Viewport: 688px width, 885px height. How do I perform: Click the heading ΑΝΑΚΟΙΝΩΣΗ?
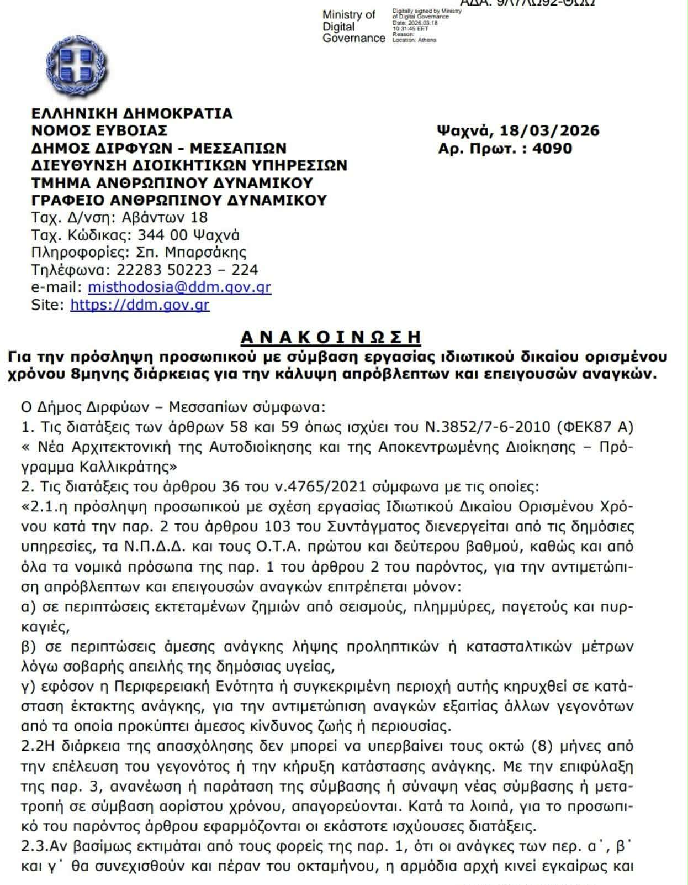tap(331, 337)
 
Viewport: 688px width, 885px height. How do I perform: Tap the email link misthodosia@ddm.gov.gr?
tap(179, 287)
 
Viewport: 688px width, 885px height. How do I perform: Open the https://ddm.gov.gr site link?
tap(140, 305)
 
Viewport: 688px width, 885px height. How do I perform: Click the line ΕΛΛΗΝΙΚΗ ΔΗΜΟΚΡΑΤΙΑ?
tap(132, 113)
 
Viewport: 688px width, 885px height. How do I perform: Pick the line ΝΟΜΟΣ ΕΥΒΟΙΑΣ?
tap(99, 130)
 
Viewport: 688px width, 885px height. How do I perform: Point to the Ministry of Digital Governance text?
tap(353, 26)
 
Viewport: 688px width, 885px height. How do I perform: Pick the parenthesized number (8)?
tap(543, 746)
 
